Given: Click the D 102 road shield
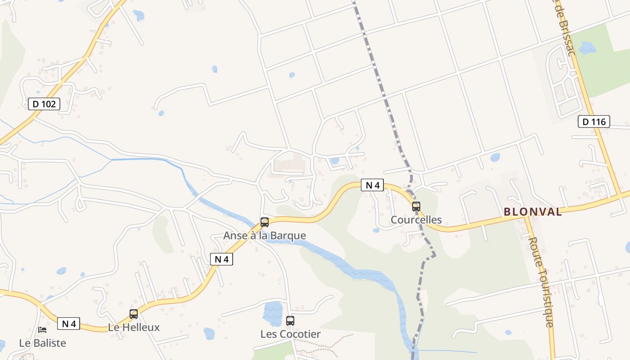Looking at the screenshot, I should coord(44,104).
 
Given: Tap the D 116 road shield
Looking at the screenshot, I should coord(594,121).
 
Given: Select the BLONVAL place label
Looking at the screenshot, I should coord(533,211).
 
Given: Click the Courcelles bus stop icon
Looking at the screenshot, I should coord(416,207).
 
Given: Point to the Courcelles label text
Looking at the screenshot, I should coord(416,220).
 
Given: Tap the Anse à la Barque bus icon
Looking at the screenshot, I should coord(265,222).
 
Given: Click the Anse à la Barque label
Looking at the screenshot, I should coord(265,236).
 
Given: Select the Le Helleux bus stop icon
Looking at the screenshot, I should coord(134,314).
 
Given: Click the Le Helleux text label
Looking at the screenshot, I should coord(134,328).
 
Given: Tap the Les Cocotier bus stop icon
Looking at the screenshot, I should coord(290,321).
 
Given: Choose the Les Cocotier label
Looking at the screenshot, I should coord(290,334).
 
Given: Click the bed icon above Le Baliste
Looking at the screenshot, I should coord(42,330).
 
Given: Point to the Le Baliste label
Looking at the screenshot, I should coord(42,343).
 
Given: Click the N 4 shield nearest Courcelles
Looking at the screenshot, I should coord(372,185).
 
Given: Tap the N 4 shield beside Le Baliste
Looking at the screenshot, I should coord(68,324).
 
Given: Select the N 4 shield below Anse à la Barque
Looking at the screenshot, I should coord(221,259).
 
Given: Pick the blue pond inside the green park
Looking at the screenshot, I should coord(587,48).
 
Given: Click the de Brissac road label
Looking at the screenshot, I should coord(566,27).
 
